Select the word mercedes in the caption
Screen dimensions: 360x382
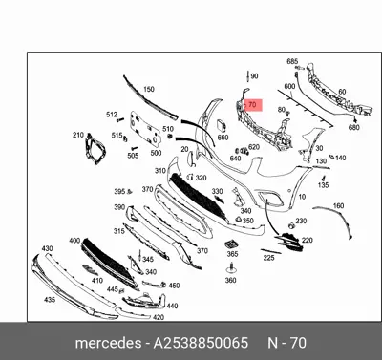[106, 343]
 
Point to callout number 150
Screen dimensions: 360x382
[148, 90]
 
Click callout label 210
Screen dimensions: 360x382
[78, 136]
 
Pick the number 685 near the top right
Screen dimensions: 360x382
[292, 61]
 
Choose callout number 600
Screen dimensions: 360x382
[289, 86]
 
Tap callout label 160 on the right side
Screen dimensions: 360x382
[337, 205]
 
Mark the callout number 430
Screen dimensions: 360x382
[47, 248]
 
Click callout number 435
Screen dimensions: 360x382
[49, 299]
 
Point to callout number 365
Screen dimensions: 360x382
[232, 254]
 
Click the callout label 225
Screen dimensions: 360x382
[268, 257]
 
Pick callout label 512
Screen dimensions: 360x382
[111, 115]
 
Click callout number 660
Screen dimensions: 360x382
[223, 138]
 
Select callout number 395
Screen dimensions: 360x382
[119, 191]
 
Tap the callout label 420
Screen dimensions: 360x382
[159, 316]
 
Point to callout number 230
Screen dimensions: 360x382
[301, 221]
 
